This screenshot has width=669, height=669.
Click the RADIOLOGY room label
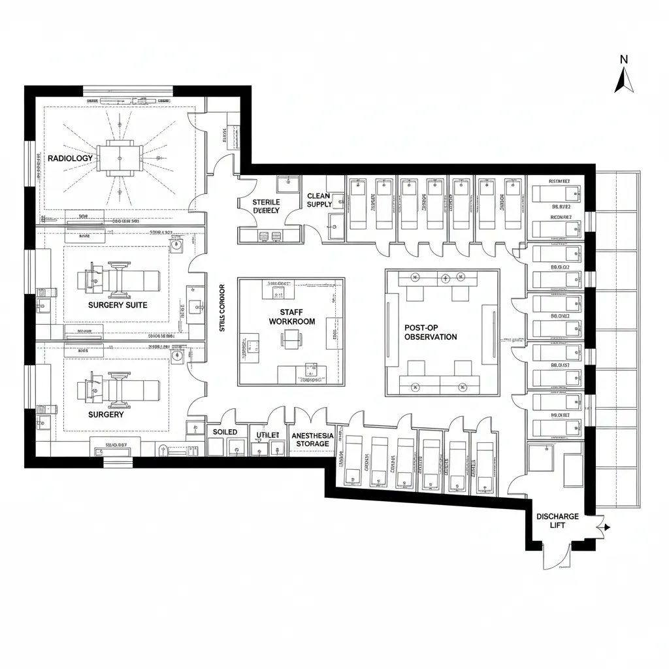pyautogui.click(x=71, y=158)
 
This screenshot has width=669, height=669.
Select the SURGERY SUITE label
pyautogui.click(x=118, y=305)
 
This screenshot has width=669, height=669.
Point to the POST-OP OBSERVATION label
pyautogui.click(x=431, y=331)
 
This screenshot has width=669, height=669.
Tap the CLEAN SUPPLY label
pyautogui.click(x=319, y=200)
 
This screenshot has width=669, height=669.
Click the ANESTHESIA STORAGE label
pyautogui.click(x=312, y=440)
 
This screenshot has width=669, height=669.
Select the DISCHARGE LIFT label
pyautogui.click(x=557, y=521)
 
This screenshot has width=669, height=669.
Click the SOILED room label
pyautogui.click(x=225, y=432)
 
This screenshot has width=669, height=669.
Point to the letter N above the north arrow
pyautogui.click(x=624, y=59)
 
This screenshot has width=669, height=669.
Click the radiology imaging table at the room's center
pyautogui.click(x=121, y=157)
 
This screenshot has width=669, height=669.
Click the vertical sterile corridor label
pyautogui.click(x=222, y=307)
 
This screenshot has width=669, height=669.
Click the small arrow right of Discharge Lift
pyautogui.click(x=606, y=527)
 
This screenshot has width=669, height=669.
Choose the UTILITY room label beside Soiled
pyautogui.click(x=267, y=435)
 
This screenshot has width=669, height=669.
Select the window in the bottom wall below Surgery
pyautogui.click(x=118, y=463)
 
